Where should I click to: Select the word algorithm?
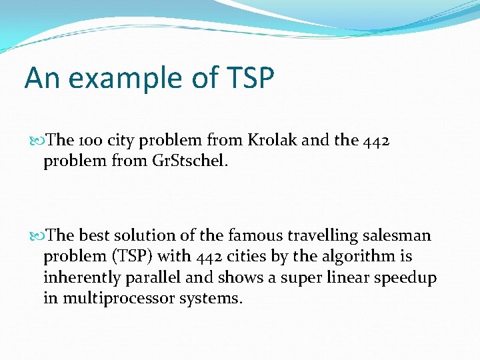click(x=366, y=256)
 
